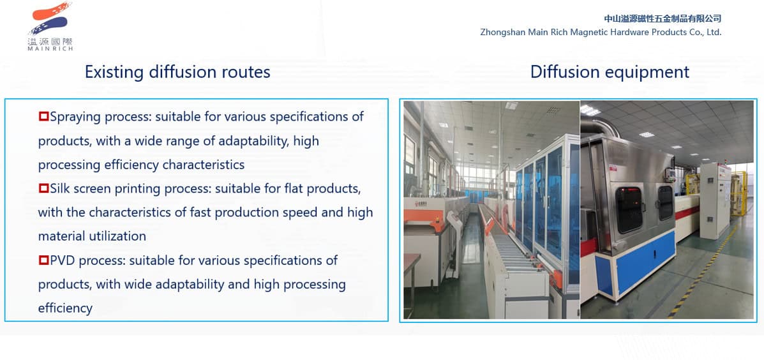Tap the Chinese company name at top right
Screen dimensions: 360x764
(x=663, y=19)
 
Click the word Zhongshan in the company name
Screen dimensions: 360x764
(x=502, y=32)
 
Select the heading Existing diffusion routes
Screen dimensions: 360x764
(x=177, y=71)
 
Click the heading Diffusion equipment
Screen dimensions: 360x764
(x=610, y=71)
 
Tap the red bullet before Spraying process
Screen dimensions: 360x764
(x=43, y=117)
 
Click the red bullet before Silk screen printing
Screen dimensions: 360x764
(x=43, y=189)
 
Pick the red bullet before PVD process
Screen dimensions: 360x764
(x=43, y=260)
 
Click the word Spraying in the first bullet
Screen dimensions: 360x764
(x=75, y=117)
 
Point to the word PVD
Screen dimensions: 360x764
(x=64, y=260)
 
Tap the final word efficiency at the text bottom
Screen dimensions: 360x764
(x=65, y=308)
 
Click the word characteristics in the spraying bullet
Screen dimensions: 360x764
(x=203, y=165)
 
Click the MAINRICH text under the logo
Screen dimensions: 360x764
(x=50, y=49)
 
